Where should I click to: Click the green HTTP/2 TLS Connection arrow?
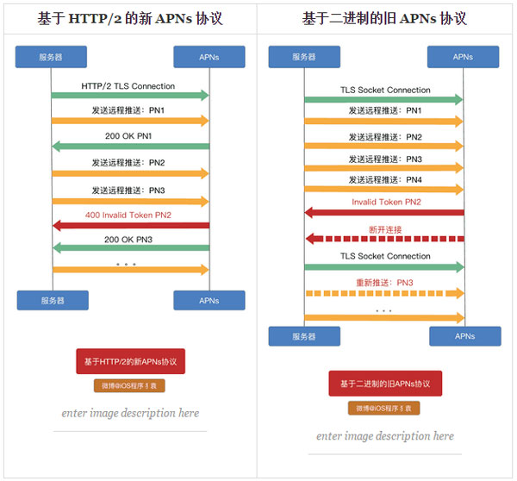[x=130, y=95]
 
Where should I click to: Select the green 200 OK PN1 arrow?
[x=130, y=146]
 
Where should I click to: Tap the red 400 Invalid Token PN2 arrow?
[x=130, y=225]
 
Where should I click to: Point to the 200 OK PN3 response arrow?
[x=130, y=248]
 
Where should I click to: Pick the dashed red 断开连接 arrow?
[x=383, y=239]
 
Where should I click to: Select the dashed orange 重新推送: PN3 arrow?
[x=383, y=293]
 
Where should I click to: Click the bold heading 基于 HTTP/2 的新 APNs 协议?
[x=129, y=18]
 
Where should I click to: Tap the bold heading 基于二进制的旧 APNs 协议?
[x=384, y=18]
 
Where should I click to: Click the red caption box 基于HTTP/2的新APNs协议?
[x=130, y=361]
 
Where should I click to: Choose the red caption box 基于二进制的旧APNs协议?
[x=384, y=384]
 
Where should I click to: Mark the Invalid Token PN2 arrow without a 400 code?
[x=383, y=212]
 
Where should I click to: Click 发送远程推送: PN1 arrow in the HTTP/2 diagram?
[x=130, y=121]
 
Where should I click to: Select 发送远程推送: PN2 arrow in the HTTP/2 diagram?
[x=130, y=173]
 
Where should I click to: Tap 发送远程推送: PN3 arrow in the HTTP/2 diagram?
[x=130, y=201]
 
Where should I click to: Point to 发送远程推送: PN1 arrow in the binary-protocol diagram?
[x=383, y=122]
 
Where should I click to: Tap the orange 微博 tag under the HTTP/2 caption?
[x=130, y=385]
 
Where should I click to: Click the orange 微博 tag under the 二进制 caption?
[x=384, y=408]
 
